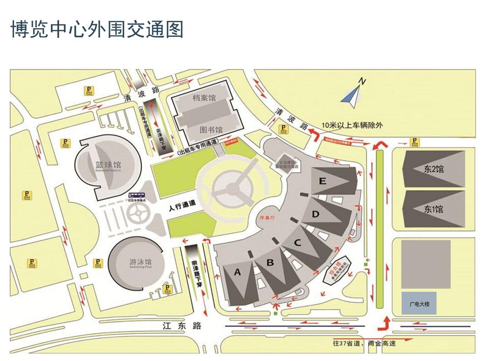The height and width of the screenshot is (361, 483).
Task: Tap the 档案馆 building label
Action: pyautogui.click(x=204, y=98)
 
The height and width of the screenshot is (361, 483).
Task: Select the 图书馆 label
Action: pyautogui.click(x=211, y=129)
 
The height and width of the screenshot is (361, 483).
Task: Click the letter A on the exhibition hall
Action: pyautogui.click(x=237, y=272)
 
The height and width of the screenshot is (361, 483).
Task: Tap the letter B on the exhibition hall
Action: pyautogui.click(x=270, y=262)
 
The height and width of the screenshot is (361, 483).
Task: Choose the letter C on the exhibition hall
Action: pyautogui.click(x=297, y=242)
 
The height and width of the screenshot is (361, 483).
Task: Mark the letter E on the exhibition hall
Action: pyautogui.click(x=323, y=181)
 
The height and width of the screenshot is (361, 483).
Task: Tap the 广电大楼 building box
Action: pyautogui.click(x=418, y=303)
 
